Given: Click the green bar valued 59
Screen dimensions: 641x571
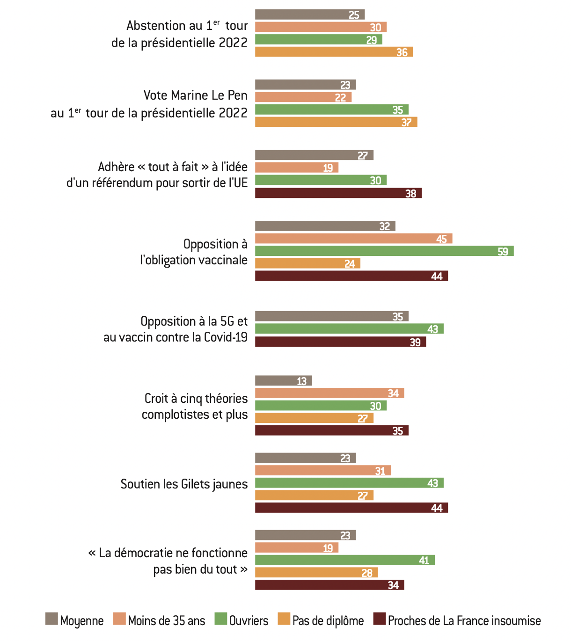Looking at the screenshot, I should click(384, 251).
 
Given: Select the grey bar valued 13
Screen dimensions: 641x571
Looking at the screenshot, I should click(283, 381).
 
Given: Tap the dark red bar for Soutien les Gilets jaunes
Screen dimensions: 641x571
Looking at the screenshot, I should click(351, 508).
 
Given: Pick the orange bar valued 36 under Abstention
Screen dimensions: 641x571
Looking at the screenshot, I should click(333, 52).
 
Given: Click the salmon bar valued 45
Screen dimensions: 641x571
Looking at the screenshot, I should click(353, 239).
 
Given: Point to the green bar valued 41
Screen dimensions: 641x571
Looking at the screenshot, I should click(344, 560).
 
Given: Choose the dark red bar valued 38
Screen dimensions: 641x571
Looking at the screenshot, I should click(338, 193).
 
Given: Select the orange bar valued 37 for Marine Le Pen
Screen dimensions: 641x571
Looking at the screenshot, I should click(336, 122).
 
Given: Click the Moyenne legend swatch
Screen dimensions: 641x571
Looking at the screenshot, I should click(51, 619).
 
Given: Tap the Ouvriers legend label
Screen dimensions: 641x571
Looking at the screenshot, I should click(249, 621).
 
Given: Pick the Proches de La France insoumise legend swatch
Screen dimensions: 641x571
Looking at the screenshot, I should click(379, 619).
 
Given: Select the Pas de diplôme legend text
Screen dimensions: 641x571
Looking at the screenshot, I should click(328, 621).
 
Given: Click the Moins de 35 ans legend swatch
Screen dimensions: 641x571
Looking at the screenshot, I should click(119, 619).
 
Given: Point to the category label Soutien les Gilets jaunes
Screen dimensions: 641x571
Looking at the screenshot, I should click(184, 484).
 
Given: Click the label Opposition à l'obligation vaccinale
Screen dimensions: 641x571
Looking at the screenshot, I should click(194, 252).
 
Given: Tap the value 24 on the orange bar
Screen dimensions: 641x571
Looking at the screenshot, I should click(350, 264).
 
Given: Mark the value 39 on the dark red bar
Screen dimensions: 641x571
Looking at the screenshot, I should click(415, 342).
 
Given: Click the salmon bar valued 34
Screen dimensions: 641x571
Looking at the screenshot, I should click(329, 393).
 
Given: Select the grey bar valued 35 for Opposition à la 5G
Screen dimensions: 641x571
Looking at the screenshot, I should click(331, 317).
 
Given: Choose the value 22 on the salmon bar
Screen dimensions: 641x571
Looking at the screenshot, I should click(340, 97).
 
